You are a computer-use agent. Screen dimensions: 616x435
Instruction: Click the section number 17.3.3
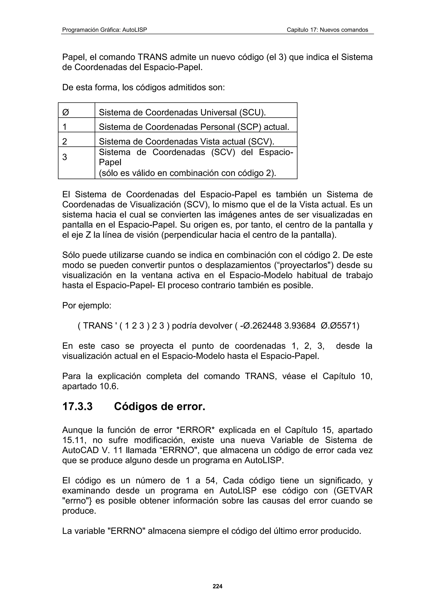[78, 406]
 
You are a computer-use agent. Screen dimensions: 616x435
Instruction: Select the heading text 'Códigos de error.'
[160, 406]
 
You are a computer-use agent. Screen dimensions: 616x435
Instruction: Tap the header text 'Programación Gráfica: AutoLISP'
[105, 30]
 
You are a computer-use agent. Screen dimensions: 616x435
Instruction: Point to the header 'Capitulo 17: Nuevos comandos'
[327, 30]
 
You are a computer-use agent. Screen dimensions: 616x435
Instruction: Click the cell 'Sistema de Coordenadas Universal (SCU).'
[182, 112]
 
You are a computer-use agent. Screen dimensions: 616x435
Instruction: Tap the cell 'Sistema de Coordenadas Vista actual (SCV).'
[186, 141]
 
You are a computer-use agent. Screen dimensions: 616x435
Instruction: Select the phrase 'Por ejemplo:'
[87, 305]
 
